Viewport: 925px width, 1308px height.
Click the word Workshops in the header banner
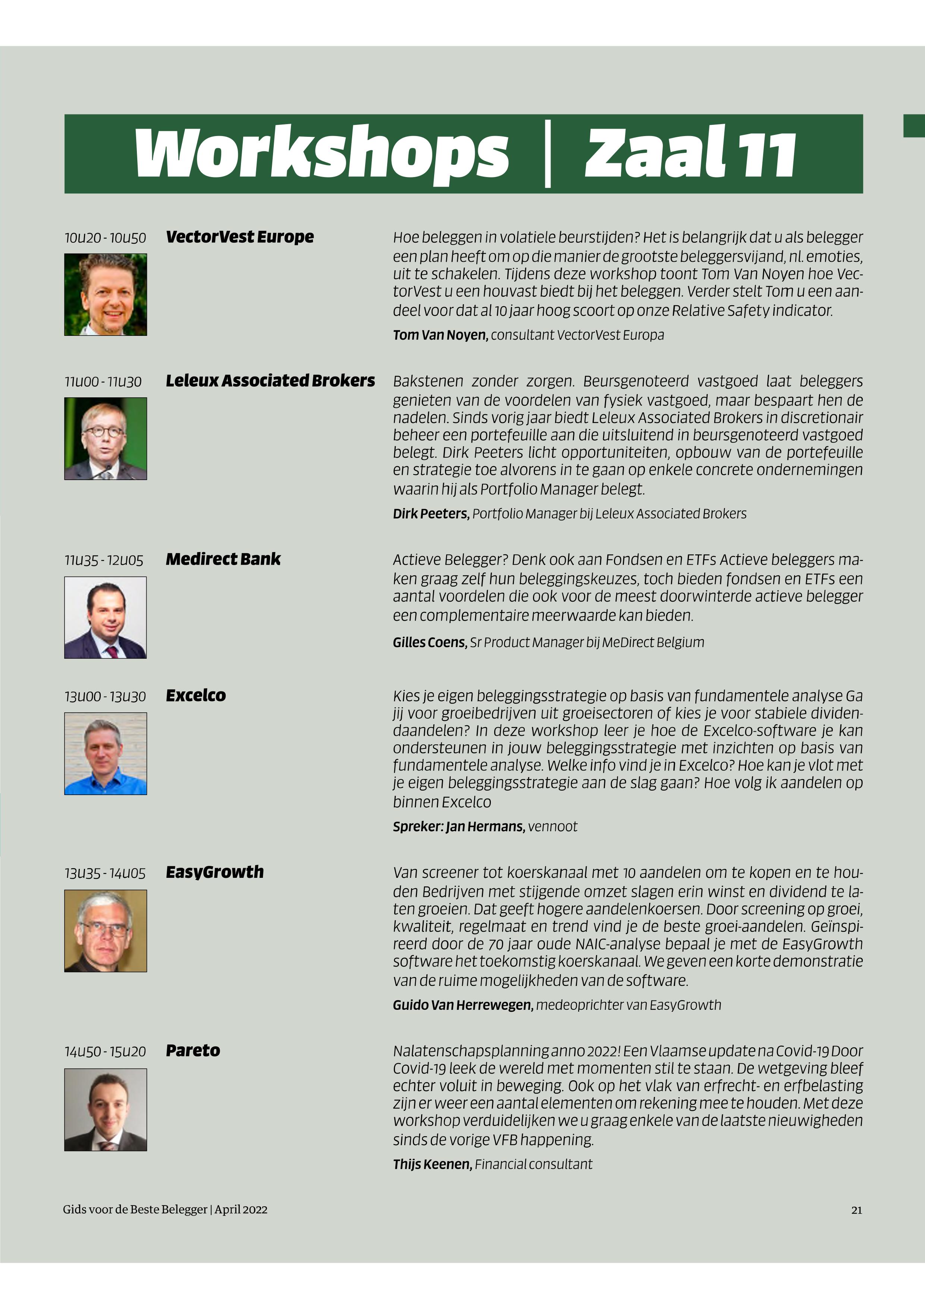pyautogui.click(x=321, y=154)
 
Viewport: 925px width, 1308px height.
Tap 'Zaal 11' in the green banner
pyautogui.click(x=690, y=154)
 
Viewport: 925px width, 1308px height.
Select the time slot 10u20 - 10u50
pyautogui.click(x=105, y=238)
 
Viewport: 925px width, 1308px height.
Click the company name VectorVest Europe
pyautogui.click(x=239, y=237)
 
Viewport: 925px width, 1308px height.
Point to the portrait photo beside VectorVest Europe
pyautogui.click(x=106, y=294)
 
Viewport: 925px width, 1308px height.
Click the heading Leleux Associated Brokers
pyautogui.click(x=270, y=381)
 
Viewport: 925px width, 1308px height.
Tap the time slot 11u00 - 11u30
pyautogui.click(x=103, y=382)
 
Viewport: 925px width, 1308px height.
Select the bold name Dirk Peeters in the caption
pyautogui.click(x=431, y=514)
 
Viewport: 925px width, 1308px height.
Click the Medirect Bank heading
pyautogui.click(x=223, y=560)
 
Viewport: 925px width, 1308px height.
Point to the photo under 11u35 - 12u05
pyautogui.click(x=106, y=618)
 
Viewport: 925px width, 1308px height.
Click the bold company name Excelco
pyautogui.click(x=195, y=696)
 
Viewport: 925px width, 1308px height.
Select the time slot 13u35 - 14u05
pyautogui.click(x=105, y=873)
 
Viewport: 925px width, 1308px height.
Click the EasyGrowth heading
pyautogui.click(x=214, y=872)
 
